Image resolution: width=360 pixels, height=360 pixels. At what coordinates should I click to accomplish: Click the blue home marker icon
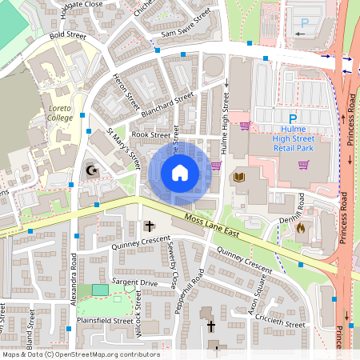pos(179,172)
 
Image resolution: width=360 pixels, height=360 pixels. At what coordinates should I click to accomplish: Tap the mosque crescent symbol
pos(90,170)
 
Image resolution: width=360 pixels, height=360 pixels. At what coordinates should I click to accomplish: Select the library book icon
pos(238,177)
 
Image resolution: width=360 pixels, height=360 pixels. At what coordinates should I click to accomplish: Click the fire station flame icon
pos(300,228)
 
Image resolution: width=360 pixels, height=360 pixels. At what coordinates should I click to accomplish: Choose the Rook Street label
pos(151,135)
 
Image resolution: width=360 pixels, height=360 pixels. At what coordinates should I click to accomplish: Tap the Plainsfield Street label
pos(104,321)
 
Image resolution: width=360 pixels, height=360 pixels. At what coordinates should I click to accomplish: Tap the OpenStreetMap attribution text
pos(80,354)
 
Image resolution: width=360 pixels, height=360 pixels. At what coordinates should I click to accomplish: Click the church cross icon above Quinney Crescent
pos(149,227)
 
